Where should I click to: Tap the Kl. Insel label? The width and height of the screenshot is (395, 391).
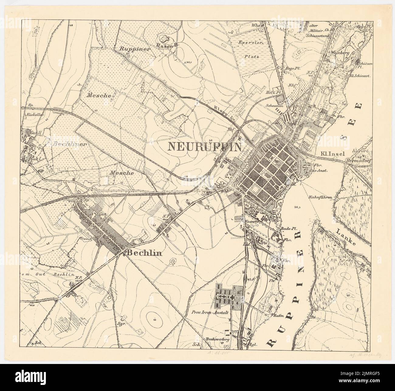[x=331, y=154]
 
